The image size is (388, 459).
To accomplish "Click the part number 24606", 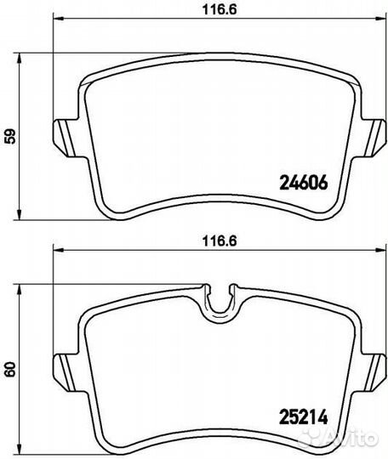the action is (304, 183).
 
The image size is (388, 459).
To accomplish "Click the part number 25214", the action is (303, 416).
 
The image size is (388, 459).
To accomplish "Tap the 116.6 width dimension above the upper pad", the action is (220, 9).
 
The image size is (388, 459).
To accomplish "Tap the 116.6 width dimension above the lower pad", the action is (220, 241).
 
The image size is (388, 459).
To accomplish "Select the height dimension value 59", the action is (11, 136).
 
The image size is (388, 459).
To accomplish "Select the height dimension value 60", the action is (11, 370).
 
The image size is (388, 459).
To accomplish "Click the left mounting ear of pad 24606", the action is (65, 138).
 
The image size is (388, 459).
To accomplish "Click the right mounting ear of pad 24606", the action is (374, 138).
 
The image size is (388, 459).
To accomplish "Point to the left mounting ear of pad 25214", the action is (65, 371).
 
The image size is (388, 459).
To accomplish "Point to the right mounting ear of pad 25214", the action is (374, 371).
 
